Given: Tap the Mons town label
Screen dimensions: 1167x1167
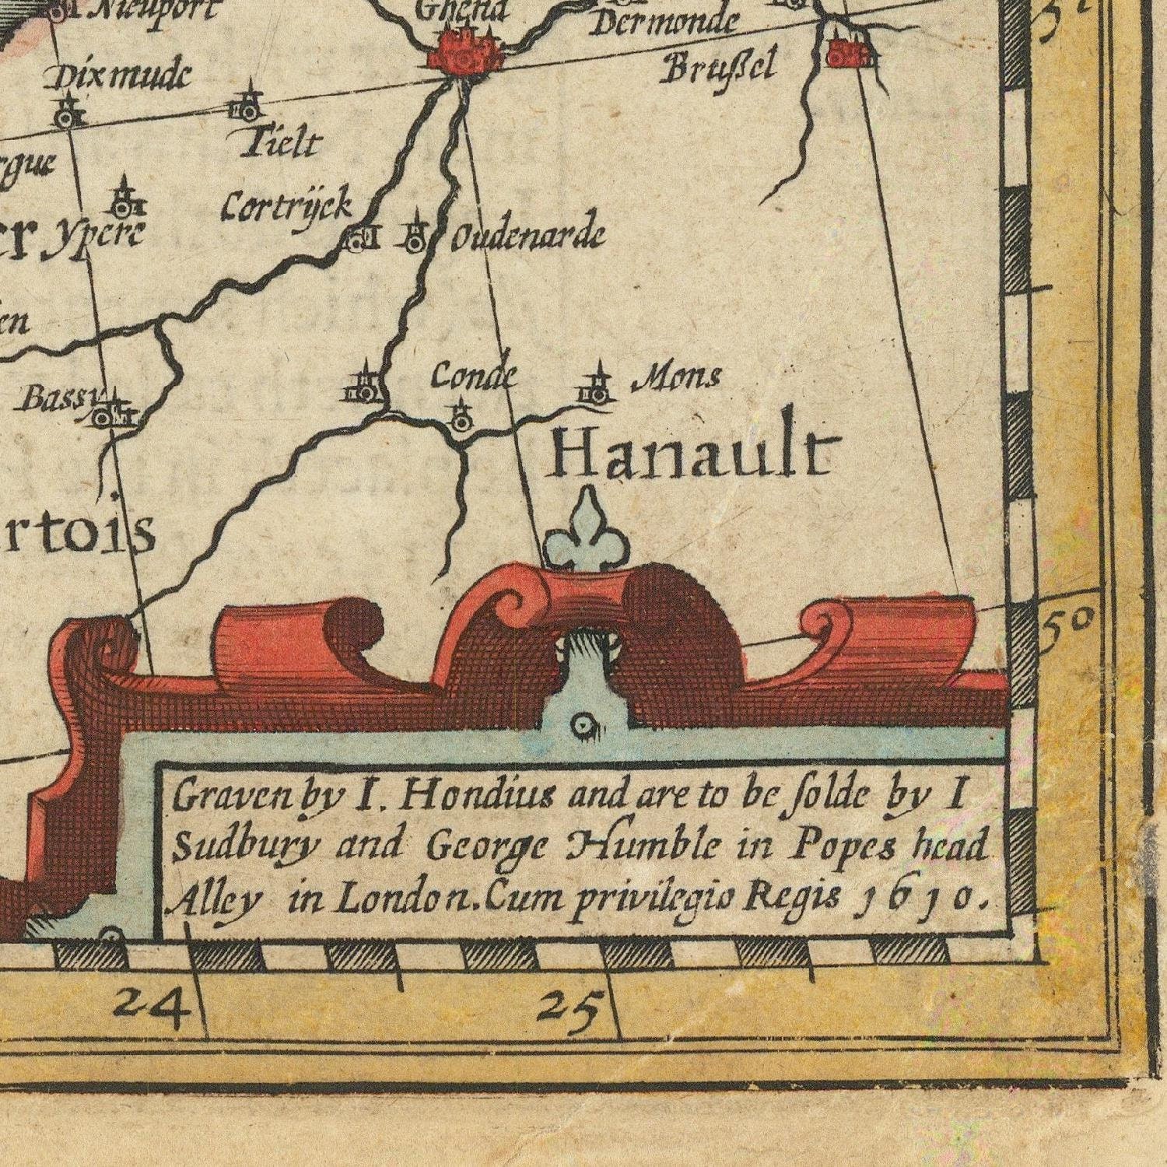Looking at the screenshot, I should [x=677, y=378].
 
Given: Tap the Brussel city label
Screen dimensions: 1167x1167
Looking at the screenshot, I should [x=718, y=67].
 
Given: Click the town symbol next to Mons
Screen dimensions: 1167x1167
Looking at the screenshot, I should [x=597, y=388].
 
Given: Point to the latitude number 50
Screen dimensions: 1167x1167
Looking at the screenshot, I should [x=1070, y=623].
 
